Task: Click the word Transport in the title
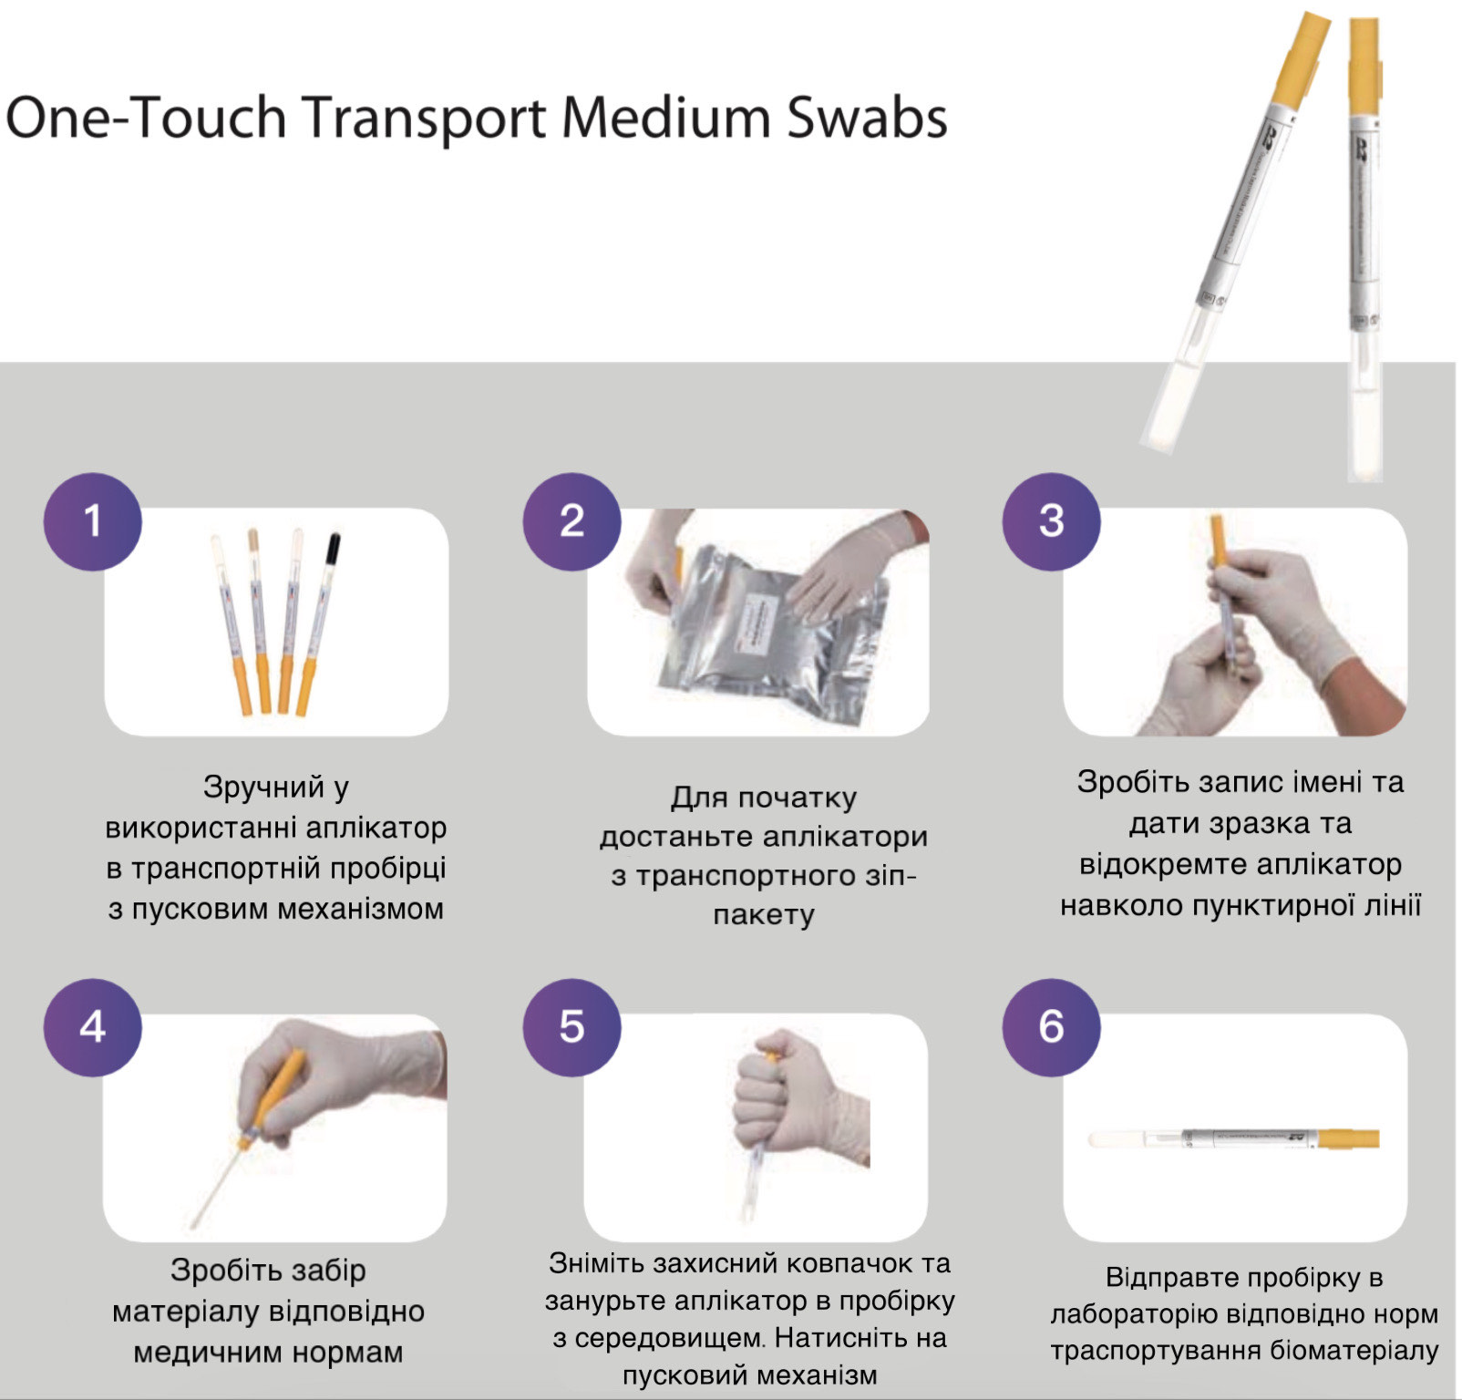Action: (x=424, y=119)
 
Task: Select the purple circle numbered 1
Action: (x=92, y=521)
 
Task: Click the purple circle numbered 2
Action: (x=571, y=521)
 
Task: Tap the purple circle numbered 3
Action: (x=1051, y=521)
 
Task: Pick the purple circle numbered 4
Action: (x=92, y=1027)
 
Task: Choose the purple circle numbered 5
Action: (x=571, y=1027)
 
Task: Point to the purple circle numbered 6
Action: (x=1051, y=1027)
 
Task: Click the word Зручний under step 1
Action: (x=263, y=787)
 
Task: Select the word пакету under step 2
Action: (x=764, y=914)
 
